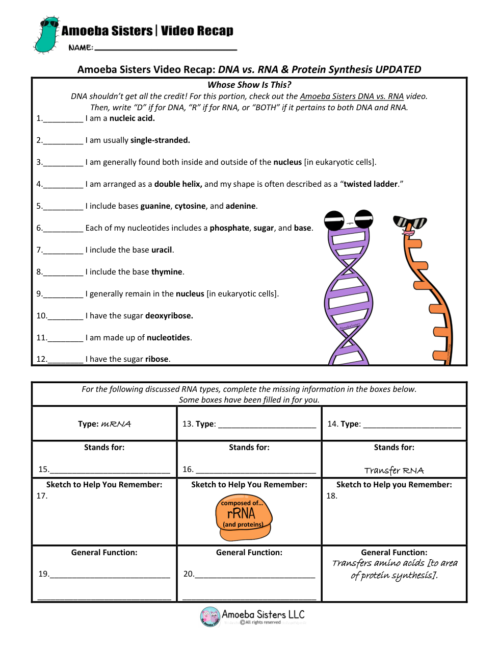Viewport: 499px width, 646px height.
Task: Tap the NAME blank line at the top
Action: pos(166,49)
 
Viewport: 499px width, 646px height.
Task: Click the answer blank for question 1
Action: pos(63,121)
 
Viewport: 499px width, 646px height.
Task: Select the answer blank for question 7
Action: pos(63,253)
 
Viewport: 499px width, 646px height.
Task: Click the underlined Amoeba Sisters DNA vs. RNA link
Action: pos(352,96)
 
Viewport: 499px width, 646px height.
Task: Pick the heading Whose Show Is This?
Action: pos(249,85)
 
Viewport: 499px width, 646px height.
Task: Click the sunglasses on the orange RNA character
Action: pos(410,222)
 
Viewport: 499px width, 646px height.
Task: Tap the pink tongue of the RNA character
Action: pos(408,233)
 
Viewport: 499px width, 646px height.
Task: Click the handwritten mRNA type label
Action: pos(116,424)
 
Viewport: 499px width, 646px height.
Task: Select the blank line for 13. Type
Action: pos(267,427)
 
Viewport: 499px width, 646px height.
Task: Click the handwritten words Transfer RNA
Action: pos(394,470)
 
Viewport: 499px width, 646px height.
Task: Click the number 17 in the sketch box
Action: pos(42,496)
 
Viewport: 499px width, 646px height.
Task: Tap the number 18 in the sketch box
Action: pos(332,496)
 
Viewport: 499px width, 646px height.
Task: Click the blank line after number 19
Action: pos(110,577)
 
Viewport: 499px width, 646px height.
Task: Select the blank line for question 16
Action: pos(256,472)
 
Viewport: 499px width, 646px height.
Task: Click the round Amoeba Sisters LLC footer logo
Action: pos(210,616)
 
